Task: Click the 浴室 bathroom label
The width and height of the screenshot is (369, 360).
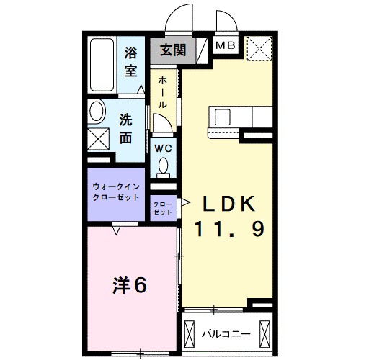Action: (130, 61)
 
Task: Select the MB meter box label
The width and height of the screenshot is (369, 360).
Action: (226, 47)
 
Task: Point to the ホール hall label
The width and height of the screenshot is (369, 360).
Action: (162, 91)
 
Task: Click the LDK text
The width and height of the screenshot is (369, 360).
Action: (229, 204)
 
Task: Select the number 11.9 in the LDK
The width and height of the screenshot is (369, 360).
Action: (230, 230)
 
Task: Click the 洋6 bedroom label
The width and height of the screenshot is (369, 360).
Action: (130, 286)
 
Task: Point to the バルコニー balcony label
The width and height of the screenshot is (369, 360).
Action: (226, 334)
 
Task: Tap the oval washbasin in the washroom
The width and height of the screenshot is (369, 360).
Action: (96, 113)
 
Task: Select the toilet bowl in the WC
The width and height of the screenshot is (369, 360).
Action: (163, 167)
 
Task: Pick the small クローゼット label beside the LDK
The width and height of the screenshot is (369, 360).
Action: (162, 208)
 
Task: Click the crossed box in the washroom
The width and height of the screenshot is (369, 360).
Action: (99, 138)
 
